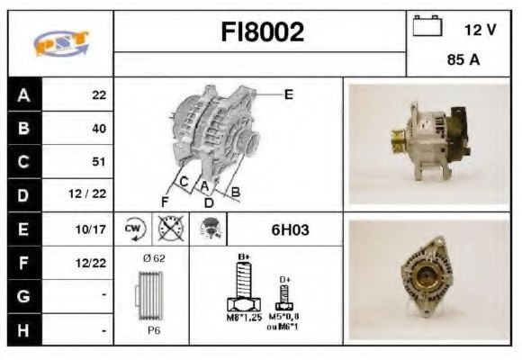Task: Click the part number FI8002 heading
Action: (262, 33)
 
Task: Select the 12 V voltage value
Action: (480, 30)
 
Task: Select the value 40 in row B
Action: (99, 128)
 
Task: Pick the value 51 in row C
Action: (99, 162)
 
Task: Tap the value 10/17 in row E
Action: (93, 229)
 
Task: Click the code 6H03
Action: (290, 229)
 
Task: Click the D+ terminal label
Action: (284, 279)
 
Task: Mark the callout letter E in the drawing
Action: (289, 93)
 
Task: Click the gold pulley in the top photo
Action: (396, 141)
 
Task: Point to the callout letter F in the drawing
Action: (165, 200)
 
